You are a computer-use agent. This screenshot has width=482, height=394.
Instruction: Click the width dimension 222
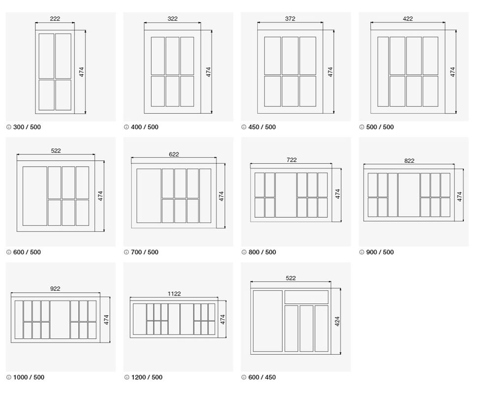click(55, 18)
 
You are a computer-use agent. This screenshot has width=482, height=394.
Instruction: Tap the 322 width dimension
click(173, 18)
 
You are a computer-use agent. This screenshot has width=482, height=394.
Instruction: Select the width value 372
click(290, 18)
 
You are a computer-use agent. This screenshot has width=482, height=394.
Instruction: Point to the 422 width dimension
click(408, 18)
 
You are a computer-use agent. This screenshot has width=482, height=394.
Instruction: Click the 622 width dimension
click(174, 154)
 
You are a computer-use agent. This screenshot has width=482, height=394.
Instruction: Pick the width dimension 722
click(291, 160)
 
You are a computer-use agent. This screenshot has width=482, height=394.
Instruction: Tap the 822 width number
click(409, 161)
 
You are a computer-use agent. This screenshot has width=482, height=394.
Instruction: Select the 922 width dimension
click(55, 289)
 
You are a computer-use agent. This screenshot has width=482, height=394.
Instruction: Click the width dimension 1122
click(174, 294)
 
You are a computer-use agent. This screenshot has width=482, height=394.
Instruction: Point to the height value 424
click(337, 321)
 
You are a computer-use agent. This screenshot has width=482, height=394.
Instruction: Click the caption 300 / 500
click(27, 127)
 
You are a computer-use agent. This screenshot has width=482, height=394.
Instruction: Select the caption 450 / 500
click(262, 127)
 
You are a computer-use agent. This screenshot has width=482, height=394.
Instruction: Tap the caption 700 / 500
click(145, 252)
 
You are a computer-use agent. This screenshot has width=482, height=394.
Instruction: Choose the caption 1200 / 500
click(147, 377)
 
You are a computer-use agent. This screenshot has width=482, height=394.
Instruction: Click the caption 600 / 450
click(262, 377)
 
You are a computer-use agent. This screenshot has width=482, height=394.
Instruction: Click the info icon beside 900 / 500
click(361, 252)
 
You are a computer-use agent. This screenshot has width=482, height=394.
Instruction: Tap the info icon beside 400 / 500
click(126, 127)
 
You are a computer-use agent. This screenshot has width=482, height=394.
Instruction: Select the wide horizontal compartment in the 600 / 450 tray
click(306, 297)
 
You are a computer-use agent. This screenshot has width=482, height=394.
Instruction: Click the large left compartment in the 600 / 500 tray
click(35, 196)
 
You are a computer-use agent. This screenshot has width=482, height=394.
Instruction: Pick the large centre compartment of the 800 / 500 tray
click(286, 195)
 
